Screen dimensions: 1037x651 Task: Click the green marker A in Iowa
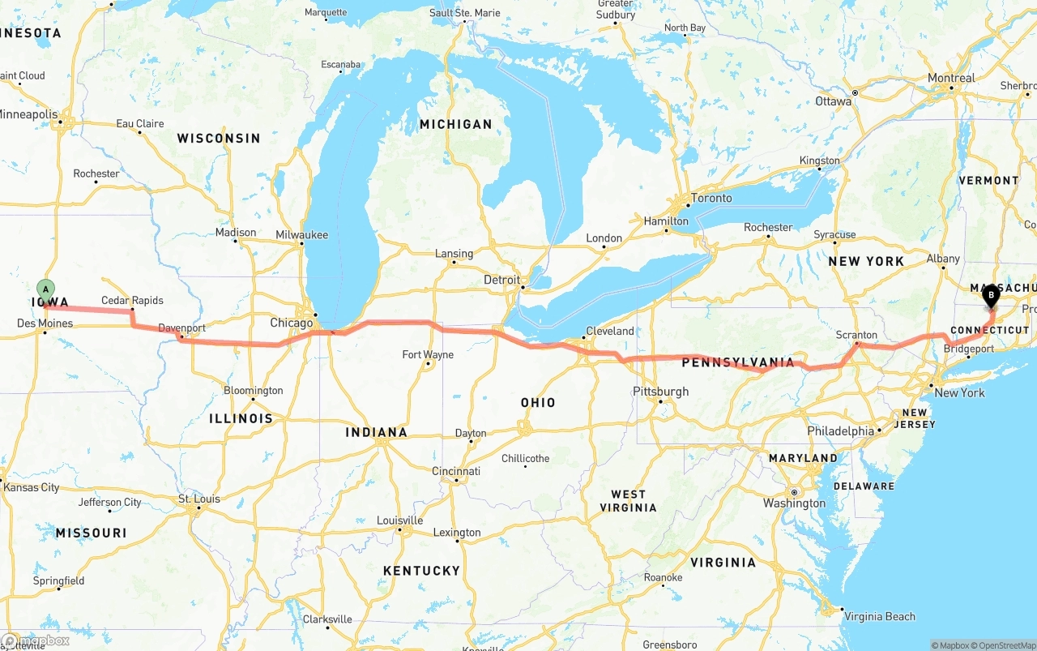click(x=46, y=289)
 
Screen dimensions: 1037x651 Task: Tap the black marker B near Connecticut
click(x=991, y=295)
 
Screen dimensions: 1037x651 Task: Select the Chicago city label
click(x=291, y=323)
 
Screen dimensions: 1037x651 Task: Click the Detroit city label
click(x=501, y=280)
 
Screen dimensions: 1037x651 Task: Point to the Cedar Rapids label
click(x=132, y=301)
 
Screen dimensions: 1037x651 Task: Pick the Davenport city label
click(x=181, y=328)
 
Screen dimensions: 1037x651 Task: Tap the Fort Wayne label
click(x=428, y=354)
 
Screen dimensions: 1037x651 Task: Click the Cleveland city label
click(x=610, y=331)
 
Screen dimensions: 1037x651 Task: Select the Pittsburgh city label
click(x=660, y=392)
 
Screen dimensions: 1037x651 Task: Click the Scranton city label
click(x=856, y=335)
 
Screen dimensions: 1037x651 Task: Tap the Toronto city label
click(x=711, y=198)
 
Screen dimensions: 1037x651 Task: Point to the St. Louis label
click(x=198, y=499)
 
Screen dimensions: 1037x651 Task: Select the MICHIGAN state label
click(x=455, y=124)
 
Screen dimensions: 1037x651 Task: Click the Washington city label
click(x=794, y=503)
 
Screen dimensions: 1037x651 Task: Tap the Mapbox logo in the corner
click(x=36, y=640)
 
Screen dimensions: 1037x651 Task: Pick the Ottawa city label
click(x=833, y=101)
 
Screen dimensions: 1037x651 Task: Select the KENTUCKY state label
click(x=421, y=571)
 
